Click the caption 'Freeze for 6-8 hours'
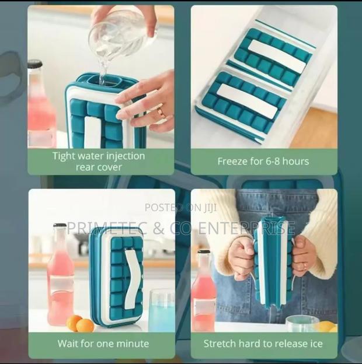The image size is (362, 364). [263, 161]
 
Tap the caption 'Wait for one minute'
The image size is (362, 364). [103, 344]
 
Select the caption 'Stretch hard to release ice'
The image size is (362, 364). [264, 344]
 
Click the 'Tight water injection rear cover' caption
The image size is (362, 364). [98, 161]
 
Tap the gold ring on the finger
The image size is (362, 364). [159, 112]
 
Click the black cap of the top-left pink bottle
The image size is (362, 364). [34, 64]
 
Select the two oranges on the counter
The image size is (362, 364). [81, 324]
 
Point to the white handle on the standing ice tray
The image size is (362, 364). [133, 278]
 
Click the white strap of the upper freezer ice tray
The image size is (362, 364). [276, 56]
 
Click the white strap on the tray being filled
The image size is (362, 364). [93, 132]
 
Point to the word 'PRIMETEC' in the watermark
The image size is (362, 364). [103, 228]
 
